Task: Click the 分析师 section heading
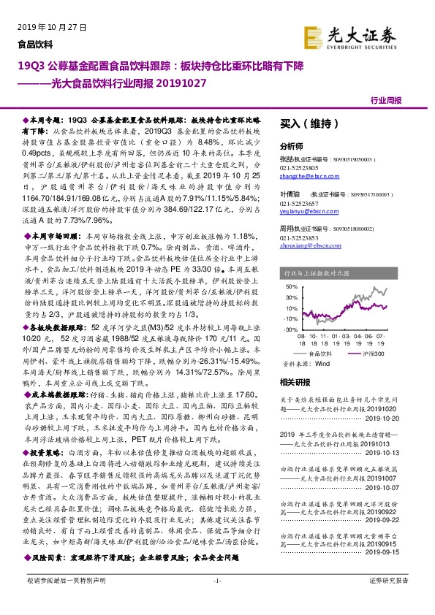tap(291, 145)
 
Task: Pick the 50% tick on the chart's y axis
tap(290, 286)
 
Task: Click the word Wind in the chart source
tap(323, 362)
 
